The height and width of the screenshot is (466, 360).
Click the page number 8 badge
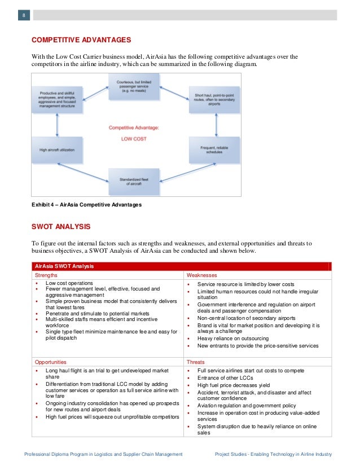(24, 15)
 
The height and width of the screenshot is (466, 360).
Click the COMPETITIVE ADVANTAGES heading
(81, 40)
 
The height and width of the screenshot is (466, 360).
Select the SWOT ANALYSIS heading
(60, 227)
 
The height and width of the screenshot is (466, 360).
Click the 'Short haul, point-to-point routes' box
(209, 100)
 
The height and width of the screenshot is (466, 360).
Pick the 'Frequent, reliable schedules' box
(209, 148)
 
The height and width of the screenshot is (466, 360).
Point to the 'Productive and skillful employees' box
(57, 99)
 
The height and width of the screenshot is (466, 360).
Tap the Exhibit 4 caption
(86, 205)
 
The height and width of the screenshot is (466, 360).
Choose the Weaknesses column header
(200, 275)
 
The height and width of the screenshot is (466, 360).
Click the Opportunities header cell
(51, 362)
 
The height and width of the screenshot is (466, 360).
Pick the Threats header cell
(196, 362)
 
